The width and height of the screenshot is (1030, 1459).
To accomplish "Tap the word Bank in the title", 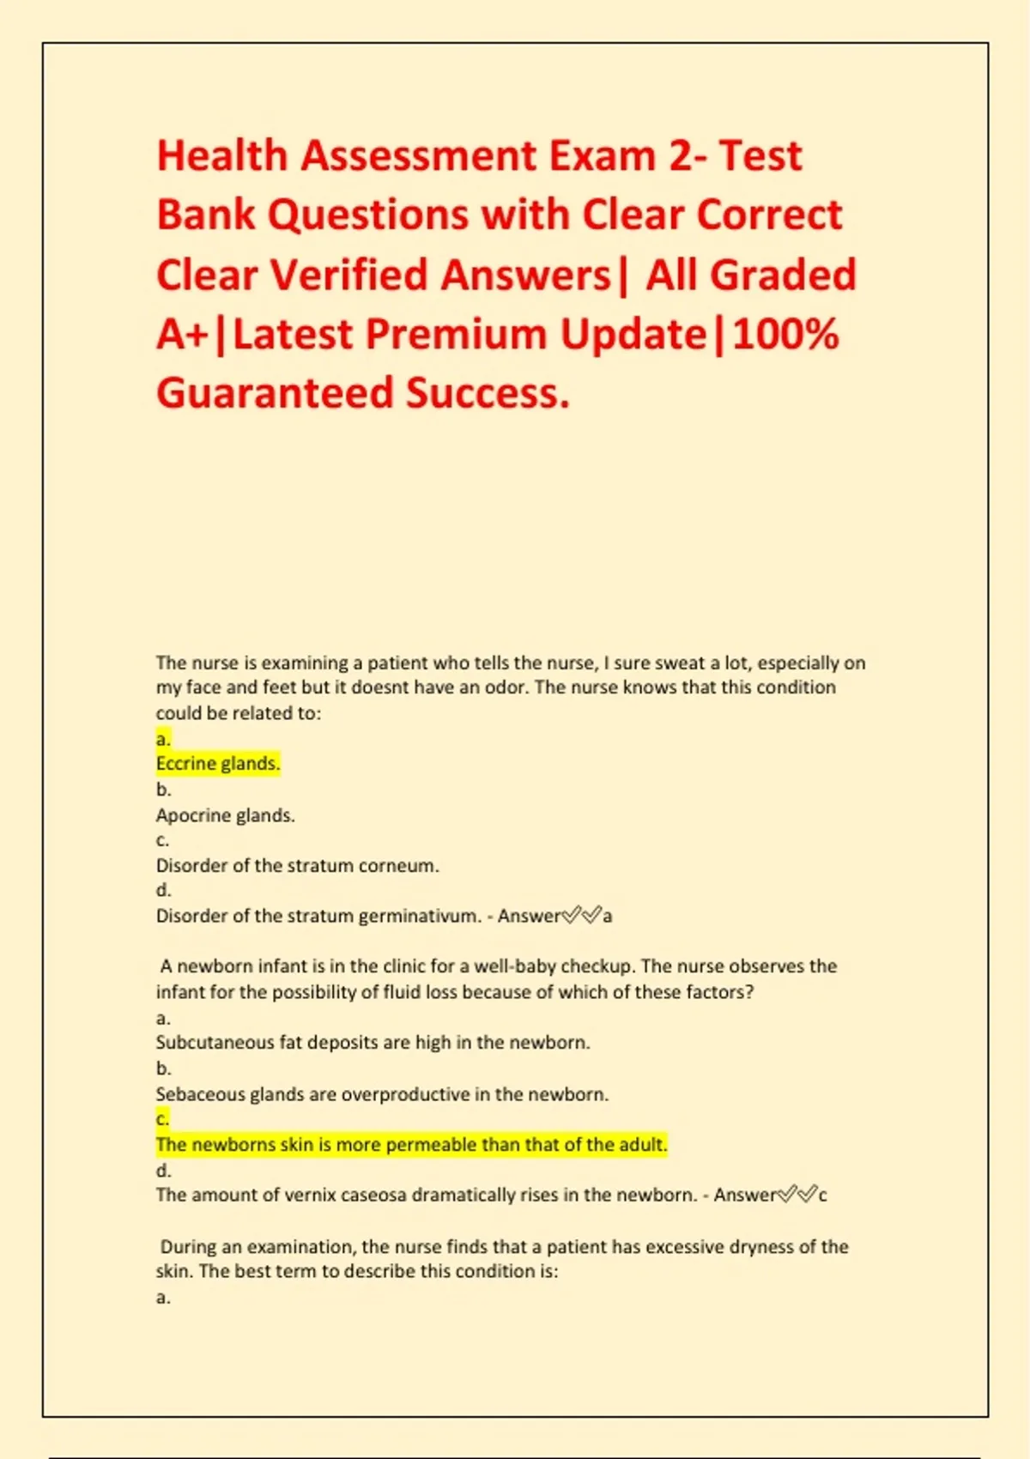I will coord(206,215).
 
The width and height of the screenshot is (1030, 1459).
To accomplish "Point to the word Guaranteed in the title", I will coord(275,393).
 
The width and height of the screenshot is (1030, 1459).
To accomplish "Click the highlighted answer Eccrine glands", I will coord(218,764).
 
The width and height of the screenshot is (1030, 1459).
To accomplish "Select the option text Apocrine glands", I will coord(225,815).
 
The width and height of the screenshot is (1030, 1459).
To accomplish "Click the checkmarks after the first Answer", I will coord(581,917).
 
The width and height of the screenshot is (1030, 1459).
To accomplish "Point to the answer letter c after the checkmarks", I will coord(822,1195).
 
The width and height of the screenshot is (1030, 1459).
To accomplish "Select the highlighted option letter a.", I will coord(163,739).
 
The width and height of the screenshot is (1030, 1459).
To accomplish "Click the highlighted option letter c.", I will coord(162,1119).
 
